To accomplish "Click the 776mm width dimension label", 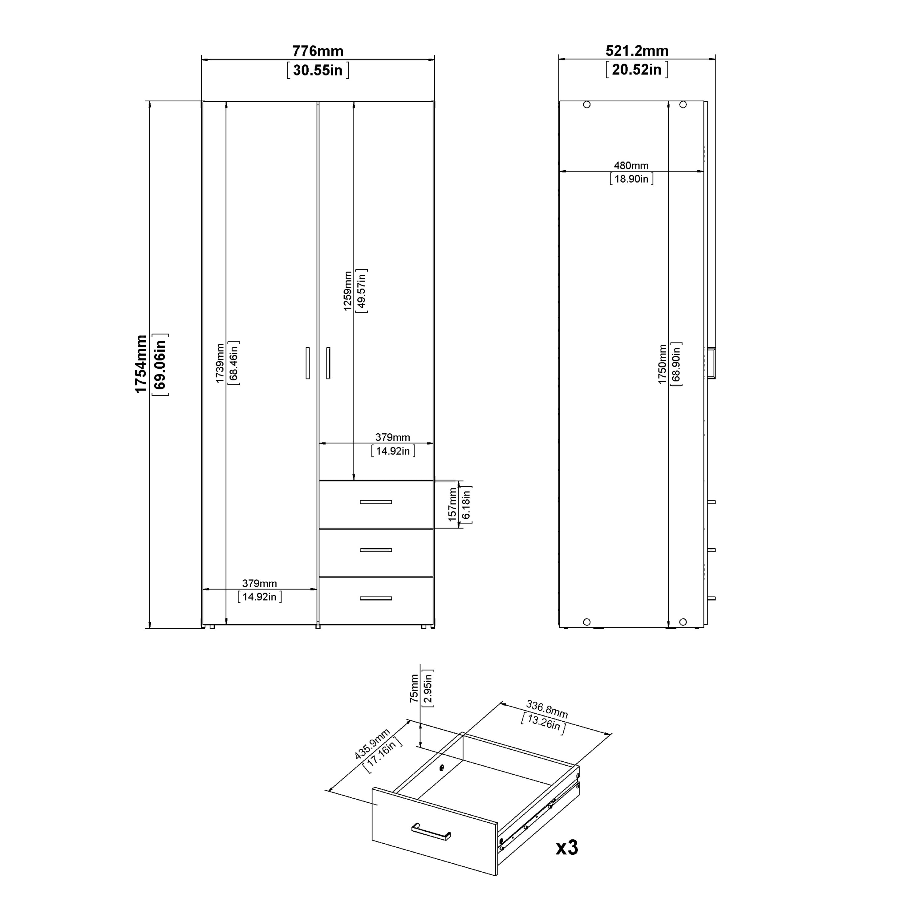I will [318, 51].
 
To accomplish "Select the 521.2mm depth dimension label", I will [637, 50].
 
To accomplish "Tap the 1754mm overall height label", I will [141, 364].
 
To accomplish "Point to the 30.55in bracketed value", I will [318, 70].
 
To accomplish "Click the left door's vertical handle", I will [307, 363].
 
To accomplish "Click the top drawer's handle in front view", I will [375, 502].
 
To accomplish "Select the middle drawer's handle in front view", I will [375, 550].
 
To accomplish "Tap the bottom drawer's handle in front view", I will [375, 598].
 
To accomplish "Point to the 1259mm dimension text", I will [348, 291].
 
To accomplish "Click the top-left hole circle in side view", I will [587, 105].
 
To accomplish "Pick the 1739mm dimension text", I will [220, 363].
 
